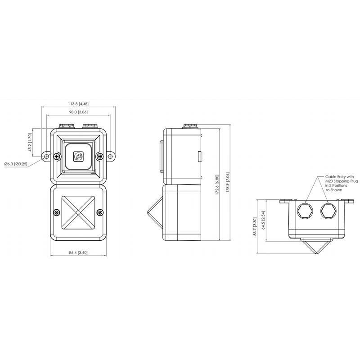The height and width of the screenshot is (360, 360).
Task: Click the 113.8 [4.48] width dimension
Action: click(x=78, y=104)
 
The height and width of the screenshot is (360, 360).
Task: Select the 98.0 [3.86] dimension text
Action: click(x=78, y=112)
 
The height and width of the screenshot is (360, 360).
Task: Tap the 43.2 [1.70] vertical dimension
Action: click(x=30, y=142)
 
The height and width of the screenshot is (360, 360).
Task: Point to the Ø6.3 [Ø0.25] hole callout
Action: click(x=16, y=164)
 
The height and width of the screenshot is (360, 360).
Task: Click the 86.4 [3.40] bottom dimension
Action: click(x=78, y=252)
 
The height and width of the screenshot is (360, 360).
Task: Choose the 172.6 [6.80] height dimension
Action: click(x=217, y=184)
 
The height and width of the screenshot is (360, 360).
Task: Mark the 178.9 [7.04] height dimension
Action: click(x=228, y=182)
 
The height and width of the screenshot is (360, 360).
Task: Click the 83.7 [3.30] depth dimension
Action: click(x=255, y=227)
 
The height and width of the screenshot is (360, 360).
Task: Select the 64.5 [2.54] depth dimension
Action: click(x=264, y=220)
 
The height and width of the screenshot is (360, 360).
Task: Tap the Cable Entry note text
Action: click(x=342, y=183)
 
